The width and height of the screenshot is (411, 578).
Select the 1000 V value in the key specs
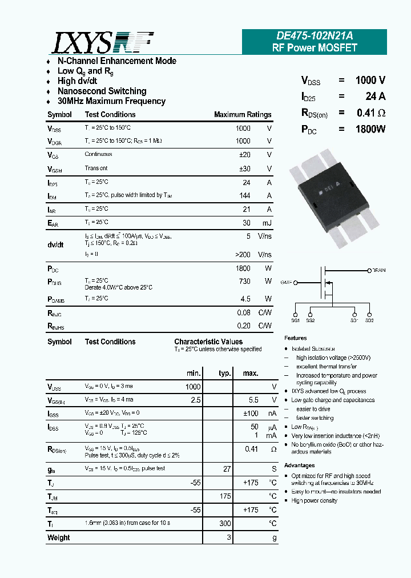click(370, 81)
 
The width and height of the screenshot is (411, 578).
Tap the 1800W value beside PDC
click(370, 129)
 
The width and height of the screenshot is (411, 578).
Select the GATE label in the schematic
click(287, 282)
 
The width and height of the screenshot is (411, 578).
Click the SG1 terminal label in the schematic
click(296, 321)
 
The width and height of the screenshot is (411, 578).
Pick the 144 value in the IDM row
click(244, 195)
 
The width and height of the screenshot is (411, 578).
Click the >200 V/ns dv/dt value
click(243, 255)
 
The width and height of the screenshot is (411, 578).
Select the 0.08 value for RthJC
click(244, 312)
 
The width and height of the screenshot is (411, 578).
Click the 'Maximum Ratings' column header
click(243, 115)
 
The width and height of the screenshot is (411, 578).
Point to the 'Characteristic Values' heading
click(208, 342)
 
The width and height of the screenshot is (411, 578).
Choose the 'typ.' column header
click(225, 373)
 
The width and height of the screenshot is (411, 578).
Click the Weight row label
click(59, 537)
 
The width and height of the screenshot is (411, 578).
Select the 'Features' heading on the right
click(296, 338)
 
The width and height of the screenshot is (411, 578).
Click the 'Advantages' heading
click(299, 465)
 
